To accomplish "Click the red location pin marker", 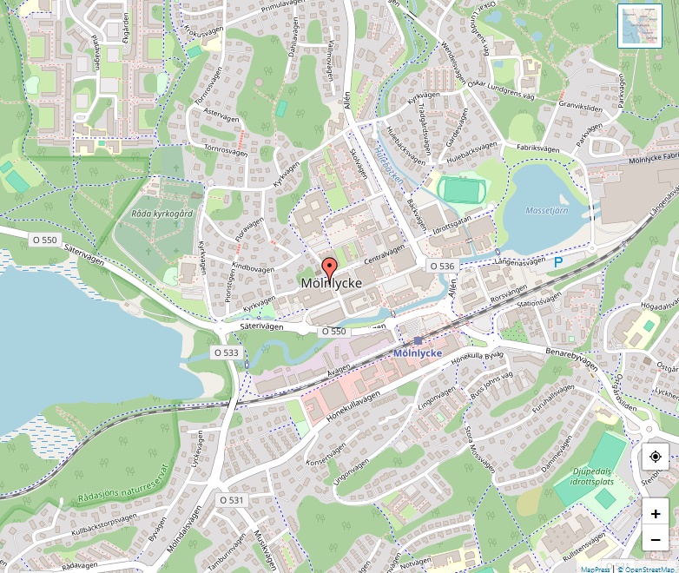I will pos(329,267).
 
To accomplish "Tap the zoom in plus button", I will pos(655,514).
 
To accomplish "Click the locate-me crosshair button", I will pos(655,457).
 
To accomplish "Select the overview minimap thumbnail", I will pos(640,25).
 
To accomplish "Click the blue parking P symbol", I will pos(558,260).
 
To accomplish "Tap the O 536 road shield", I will pos(442,266).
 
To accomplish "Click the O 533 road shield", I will pos(225,352).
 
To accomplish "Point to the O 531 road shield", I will pos(232,500).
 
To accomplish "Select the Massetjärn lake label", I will pos(546,211).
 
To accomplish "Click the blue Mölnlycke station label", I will pos(418,353).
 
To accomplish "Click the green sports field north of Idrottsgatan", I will pos(460,189).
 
